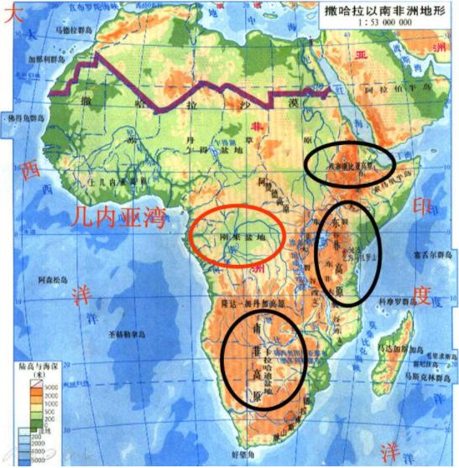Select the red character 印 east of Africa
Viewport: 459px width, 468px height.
coord(423,205)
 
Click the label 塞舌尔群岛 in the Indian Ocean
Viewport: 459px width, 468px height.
coord(435,255)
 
